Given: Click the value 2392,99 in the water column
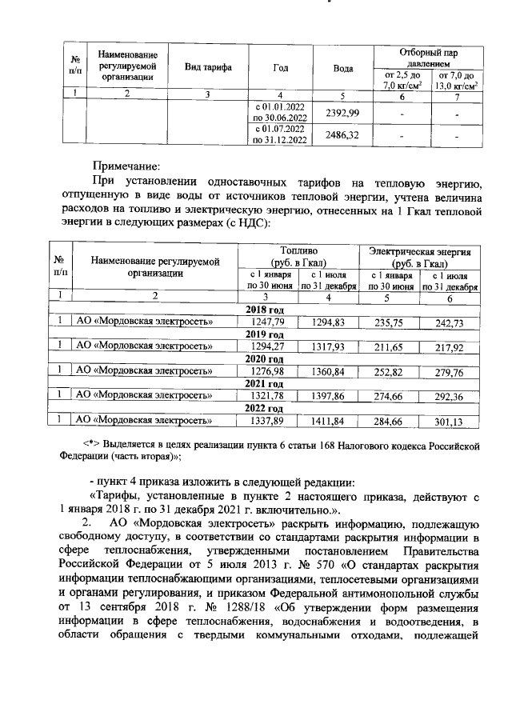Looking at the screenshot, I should (x=342, y=112).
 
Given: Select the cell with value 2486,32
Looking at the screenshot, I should (x=342, y=135).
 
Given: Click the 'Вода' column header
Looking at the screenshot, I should (x=342, y=67).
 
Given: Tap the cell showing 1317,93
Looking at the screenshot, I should (x=328, y=346).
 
